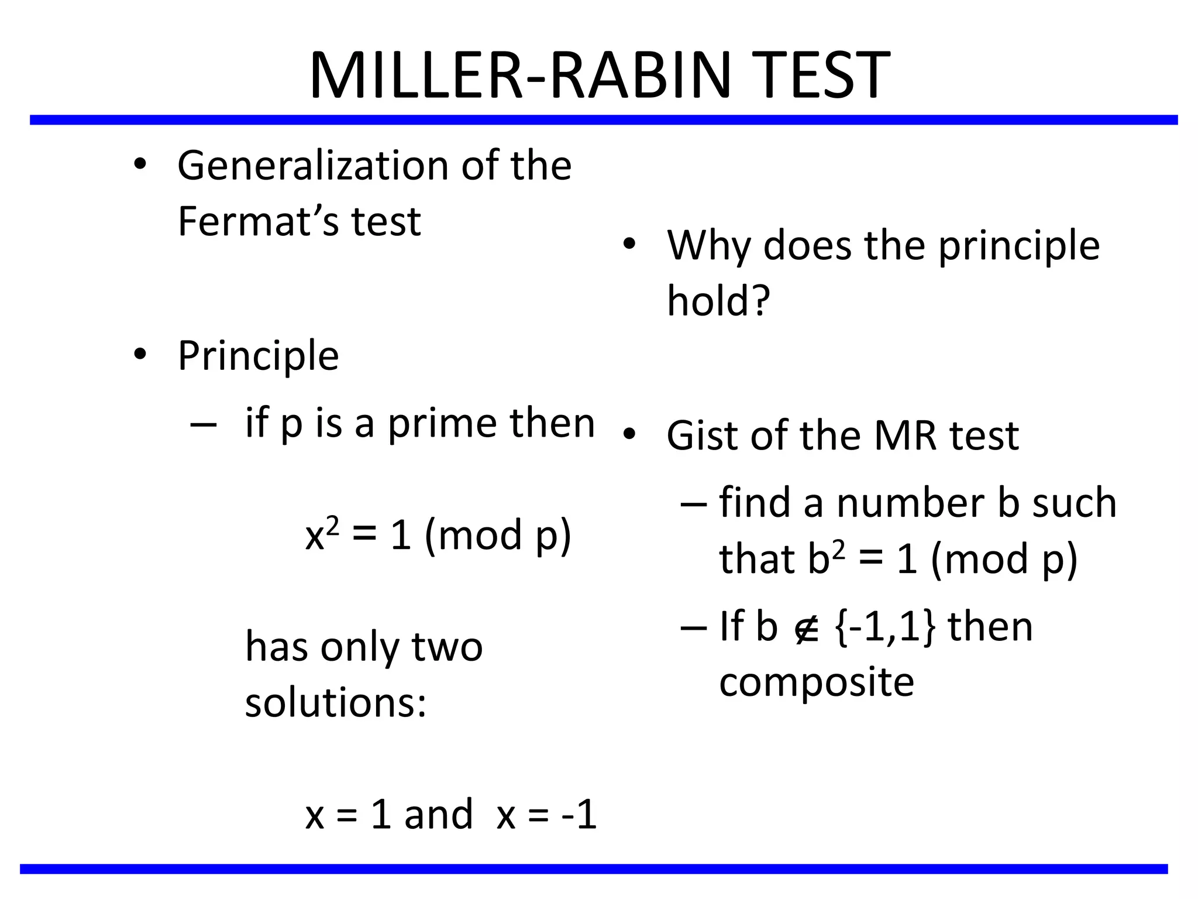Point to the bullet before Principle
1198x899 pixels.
tap(139, 354)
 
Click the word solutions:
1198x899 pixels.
tap(335, 702)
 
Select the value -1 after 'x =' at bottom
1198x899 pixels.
tap(579, 814)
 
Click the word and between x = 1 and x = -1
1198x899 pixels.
tap(438, 814)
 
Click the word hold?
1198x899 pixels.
tap(718, 301)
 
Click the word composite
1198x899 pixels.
tap(816, 682)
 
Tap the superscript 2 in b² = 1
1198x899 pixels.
tap(838, 550)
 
